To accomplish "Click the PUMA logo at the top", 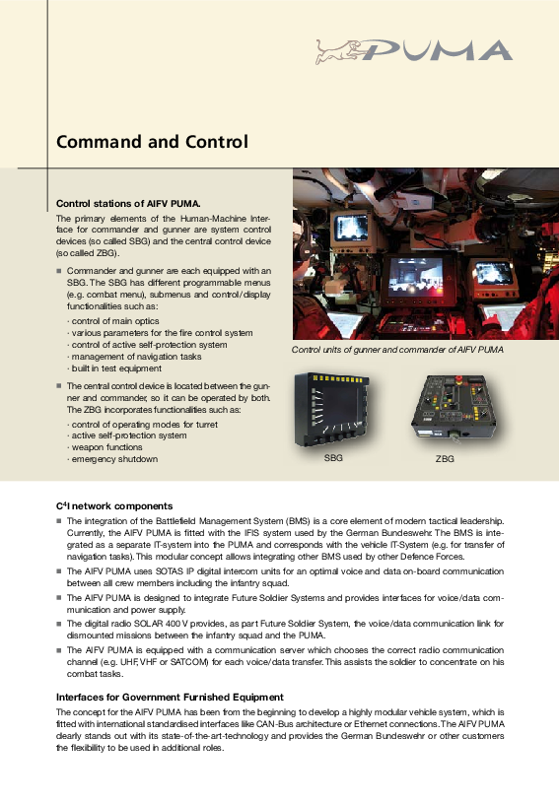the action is [414, 51].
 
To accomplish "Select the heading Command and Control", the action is [152, 142].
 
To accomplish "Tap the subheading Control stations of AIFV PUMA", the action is [128, 204].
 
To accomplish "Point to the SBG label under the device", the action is [333, 458].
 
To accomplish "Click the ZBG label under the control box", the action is [445, 459].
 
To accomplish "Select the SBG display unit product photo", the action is [331, 409].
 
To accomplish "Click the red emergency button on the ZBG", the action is [458, 379].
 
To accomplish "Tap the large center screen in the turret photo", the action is [416, 277].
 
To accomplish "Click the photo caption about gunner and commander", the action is [397, 350].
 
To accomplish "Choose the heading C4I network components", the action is [114, 505].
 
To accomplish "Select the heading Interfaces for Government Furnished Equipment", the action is [170, 698].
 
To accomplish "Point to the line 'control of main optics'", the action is [113, 320].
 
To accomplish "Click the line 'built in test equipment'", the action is [114, 368].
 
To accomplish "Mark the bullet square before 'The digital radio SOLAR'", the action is [59, 624].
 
